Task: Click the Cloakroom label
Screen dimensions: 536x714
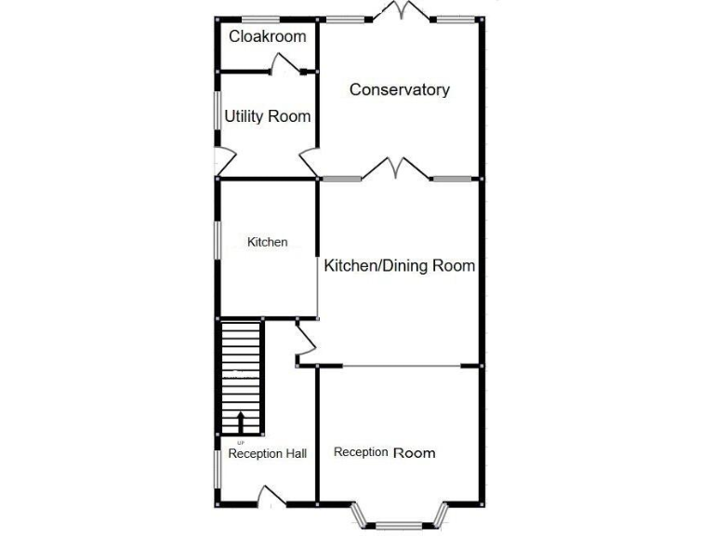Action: coord(267,37)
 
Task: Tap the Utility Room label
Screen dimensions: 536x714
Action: coord(268,116)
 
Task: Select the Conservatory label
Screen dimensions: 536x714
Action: coord(400,89)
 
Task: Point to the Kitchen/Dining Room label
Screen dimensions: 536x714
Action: coord(400,266)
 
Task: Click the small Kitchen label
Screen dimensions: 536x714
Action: coord(267,242)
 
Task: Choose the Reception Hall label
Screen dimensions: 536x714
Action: coord(268,453)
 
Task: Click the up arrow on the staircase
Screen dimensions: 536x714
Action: coord(242,421)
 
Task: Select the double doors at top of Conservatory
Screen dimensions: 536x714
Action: coord(401,12)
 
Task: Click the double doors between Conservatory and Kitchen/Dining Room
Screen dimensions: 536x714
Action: coord(396,169)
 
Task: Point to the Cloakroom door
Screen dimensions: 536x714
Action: coord(283,63)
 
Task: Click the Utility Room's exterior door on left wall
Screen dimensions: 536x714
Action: coord(222,162)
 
